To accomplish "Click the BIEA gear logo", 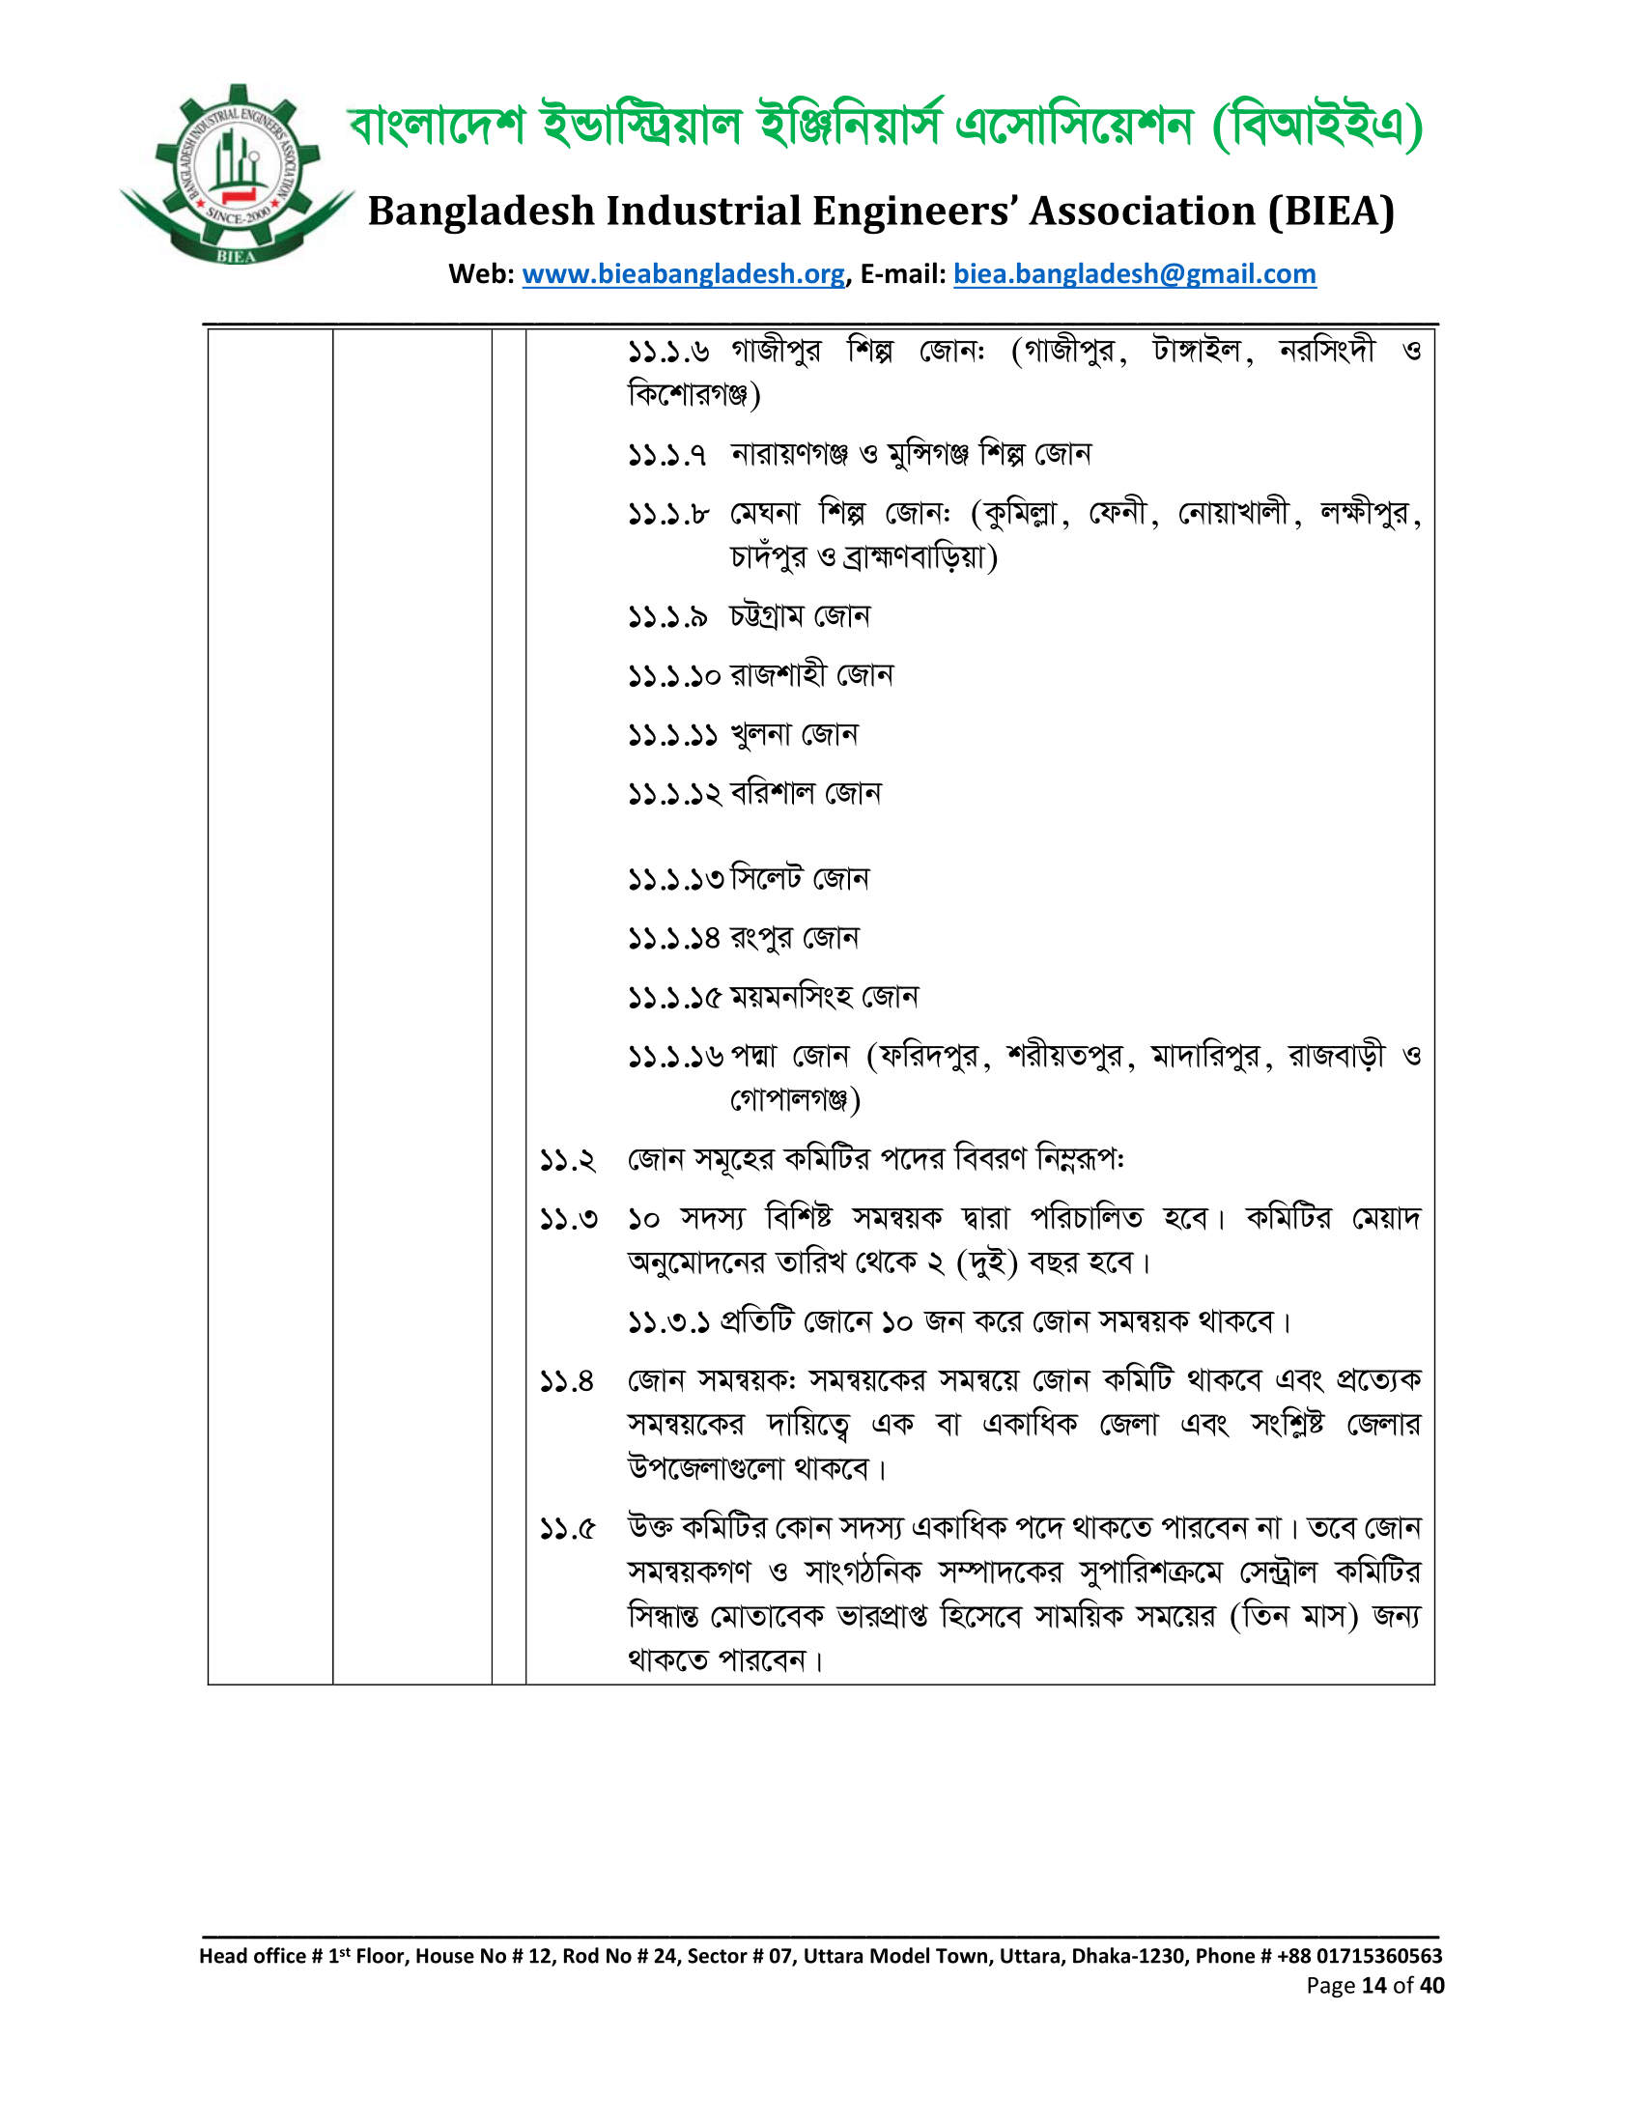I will click(x=237, y=175).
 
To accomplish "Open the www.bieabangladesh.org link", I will click(x=683, y=274).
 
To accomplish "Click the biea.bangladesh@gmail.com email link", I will click(x=1134, y=274).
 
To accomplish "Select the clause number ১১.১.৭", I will click(x=667, y=454).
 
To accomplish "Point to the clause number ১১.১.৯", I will click(x=667, y=617).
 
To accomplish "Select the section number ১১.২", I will click(x=568, y=1161).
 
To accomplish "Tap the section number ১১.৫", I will click(x=568, y=1530).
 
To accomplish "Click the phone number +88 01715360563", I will click(x=1359, y=1956).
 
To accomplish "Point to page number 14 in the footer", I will click(x=1373, y=1986).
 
